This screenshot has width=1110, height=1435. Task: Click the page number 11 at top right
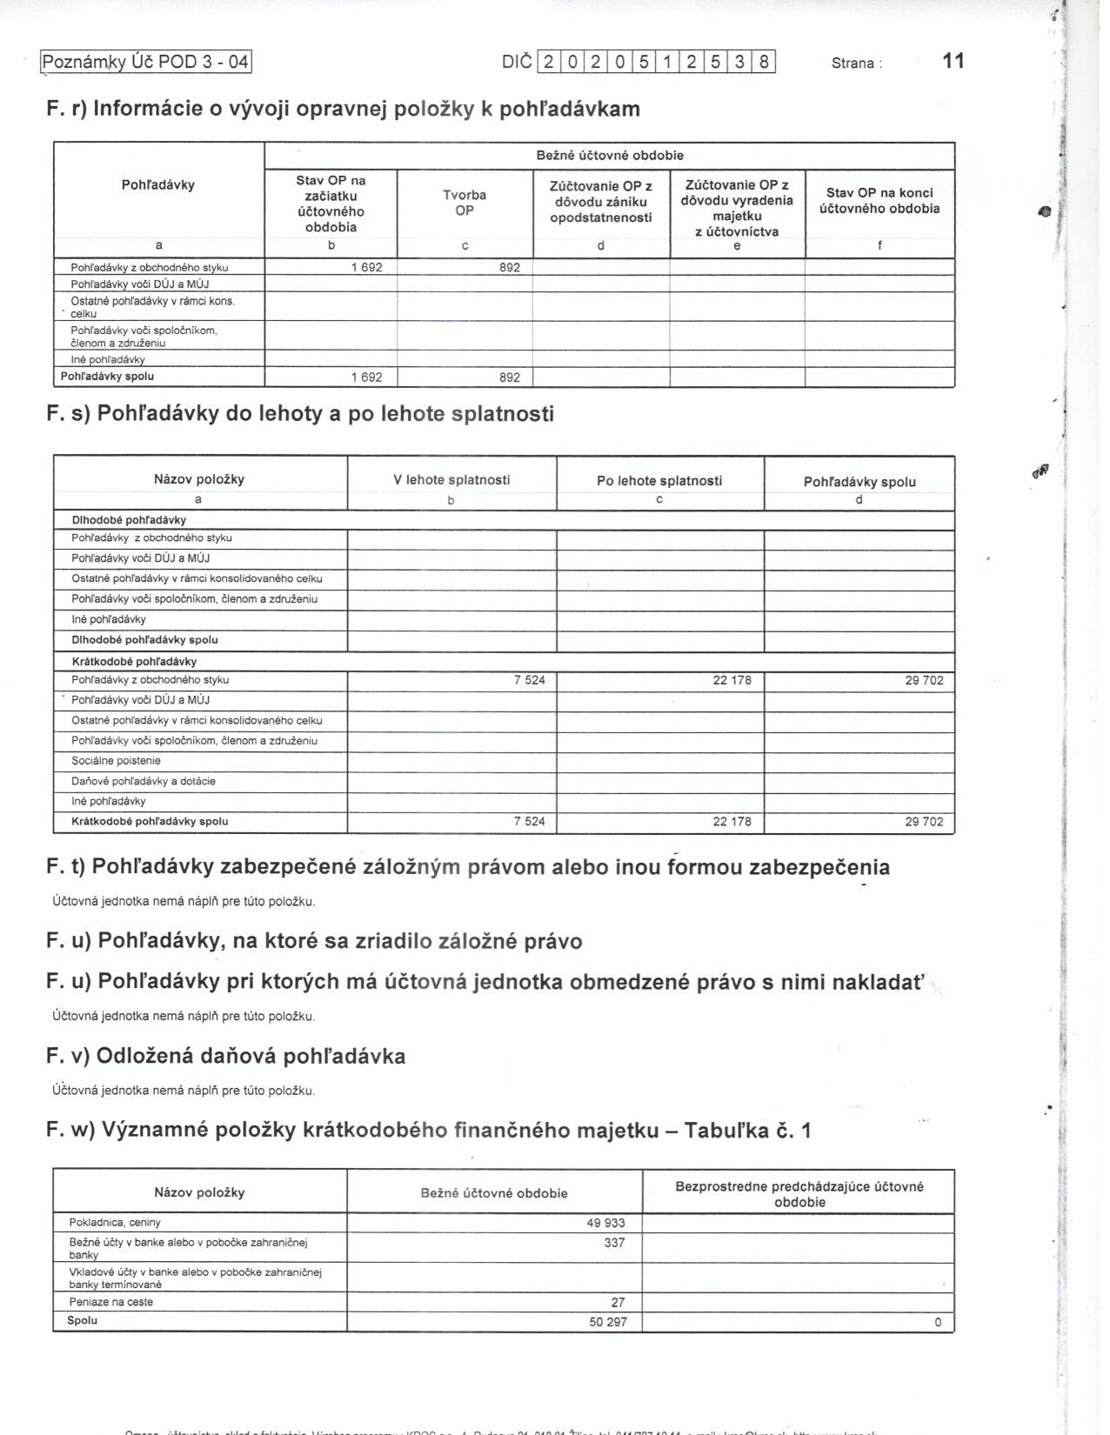(953, 61)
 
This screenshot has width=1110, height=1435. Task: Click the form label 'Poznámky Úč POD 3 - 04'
(146, 62)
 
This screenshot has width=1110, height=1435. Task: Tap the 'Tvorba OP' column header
(465, 203)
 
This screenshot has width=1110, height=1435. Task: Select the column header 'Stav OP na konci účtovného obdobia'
(879, 201)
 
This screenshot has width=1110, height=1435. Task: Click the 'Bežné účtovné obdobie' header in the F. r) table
(609, 156)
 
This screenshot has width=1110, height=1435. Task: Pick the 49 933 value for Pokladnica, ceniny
(605, 1223)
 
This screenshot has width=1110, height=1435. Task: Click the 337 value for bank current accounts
(614, 1243)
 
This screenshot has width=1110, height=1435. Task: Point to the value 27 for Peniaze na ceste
(618, 1303)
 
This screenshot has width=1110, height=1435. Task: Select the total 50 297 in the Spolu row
(605, 1323)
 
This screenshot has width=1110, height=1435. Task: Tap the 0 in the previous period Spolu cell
(938, 1323)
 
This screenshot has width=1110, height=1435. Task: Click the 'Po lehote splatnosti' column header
(659, 481)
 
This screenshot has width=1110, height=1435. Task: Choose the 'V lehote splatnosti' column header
(451, 480)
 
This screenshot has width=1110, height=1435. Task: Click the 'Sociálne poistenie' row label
(116, 761)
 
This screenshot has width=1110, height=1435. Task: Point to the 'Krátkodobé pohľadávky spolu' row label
(150, 822)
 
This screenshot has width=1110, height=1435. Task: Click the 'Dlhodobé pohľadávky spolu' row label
(144, 640)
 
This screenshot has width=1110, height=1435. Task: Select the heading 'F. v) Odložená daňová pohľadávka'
(226, 1057)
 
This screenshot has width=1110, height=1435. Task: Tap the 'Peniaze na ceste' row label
(110, 1303)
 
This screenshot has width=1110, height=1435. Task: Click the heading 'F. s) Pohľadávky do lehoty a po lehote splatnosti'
(300, 414)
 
